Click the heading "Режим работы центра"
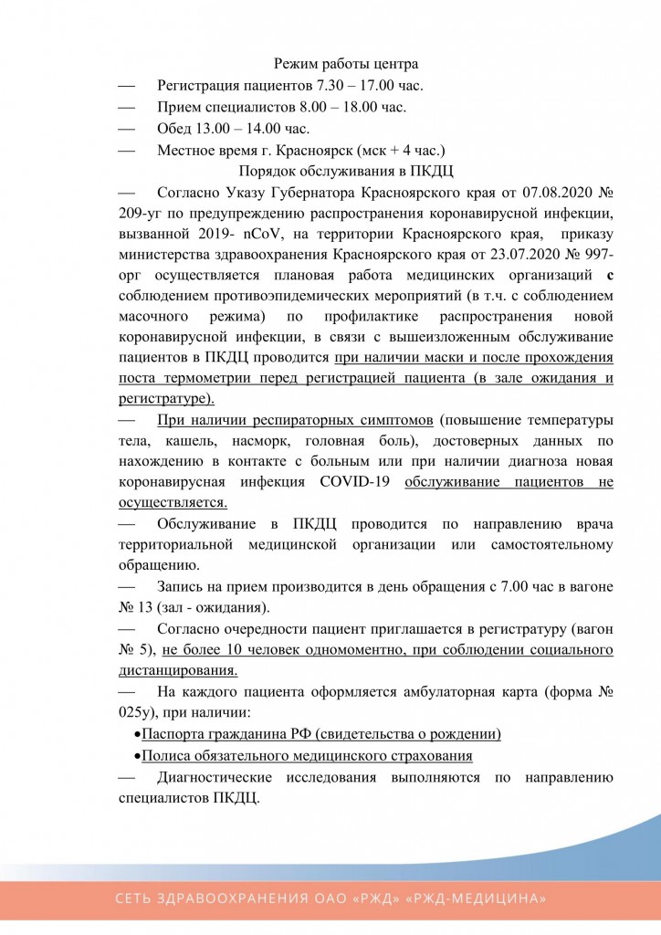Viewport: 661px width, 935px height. click(x=346, y=64)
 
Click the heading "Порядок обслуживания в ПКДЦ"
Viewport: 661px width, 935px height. click(x=346, y=171)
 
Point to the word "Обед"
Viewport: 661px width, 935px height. click(x=176, y=128)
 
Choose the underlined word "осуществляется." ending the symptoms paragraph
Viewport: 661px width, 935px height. click(x=173, y=502)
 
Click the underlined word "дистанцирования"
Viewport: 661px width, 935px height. click(x=177, y=670)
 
